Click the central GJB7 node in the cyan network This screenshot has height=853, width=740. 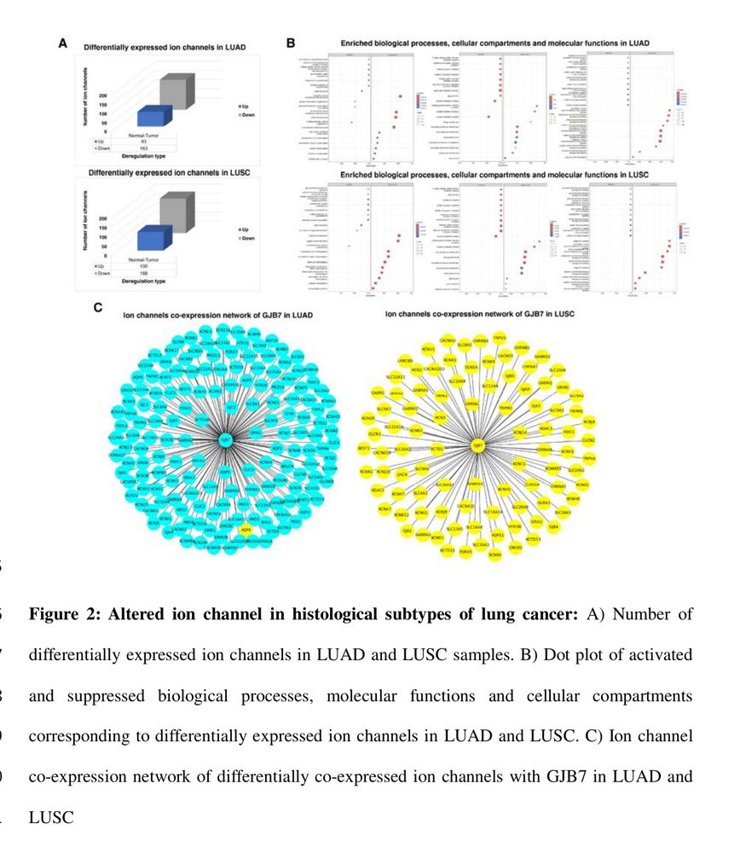[x=225, y=440]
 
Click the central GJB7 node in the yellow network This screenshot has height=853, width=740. [x=478, y=445]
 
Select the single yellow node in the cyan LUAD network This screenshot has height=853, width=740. [x=246, y=531]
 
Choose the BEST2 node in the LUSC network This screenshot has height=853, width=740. [x=365, y=447]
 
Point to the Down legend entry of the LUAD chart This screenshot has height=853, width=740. [x=247, y=113]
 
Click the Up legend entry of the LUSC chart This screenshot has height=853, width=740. [x=245, y=230]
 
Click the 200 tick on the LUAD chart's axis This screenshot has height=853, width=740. [x=102, y=96]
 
